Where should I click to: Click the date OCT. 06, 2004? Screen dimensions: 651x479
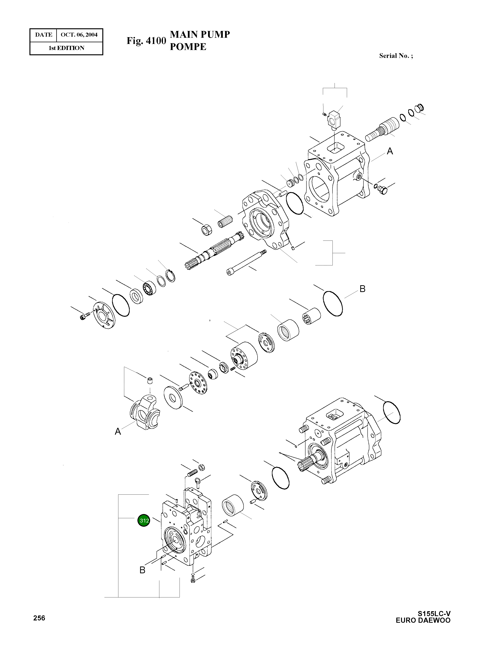[79, 35]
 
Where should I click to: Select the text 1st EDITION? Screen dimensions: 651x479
[66, 48]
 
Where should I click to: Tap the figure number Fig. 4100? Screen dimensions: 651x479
[146, 41]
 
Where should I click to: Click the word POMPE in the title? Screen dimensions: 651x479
[188, 47]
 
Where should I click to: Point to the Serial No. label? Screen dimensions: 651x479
[396, 56]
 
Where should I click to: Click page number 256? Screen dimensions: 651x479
[39, 618]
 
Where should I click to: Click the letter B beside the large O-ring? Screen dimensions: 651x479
[362, 289]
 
